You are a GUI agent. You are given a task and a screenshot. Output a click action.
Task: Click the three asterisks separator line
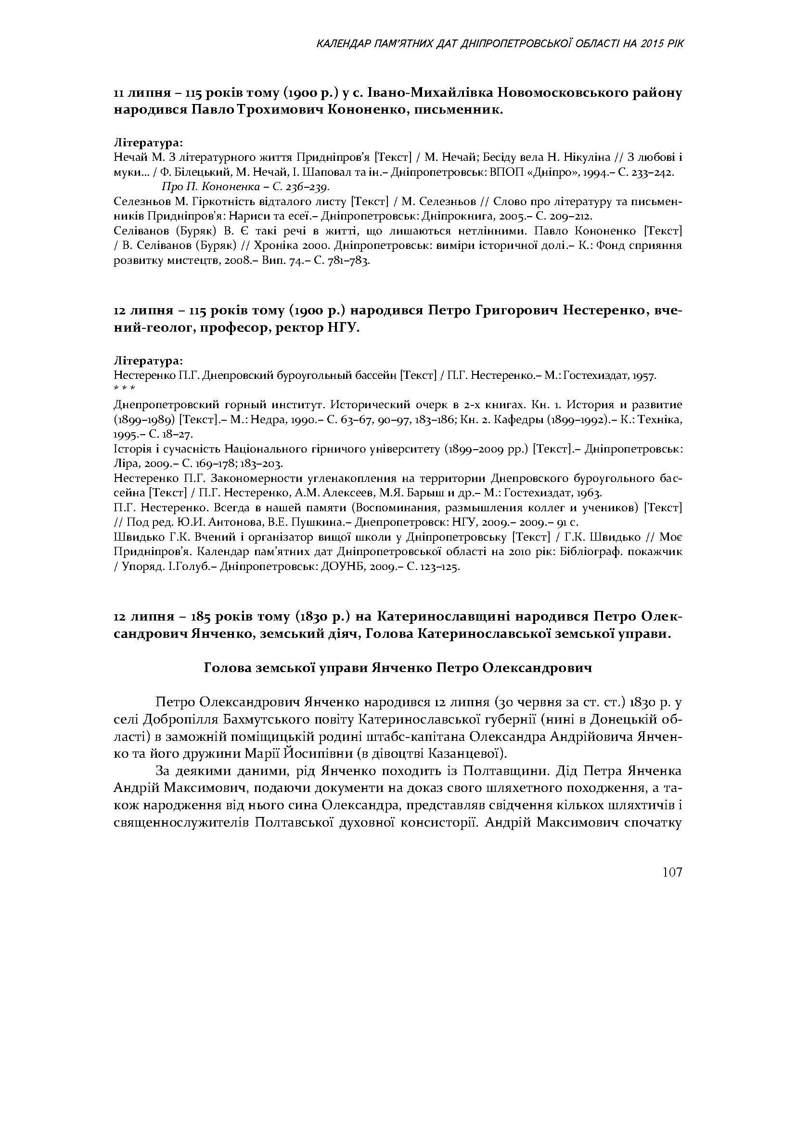tap(124, 388)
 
